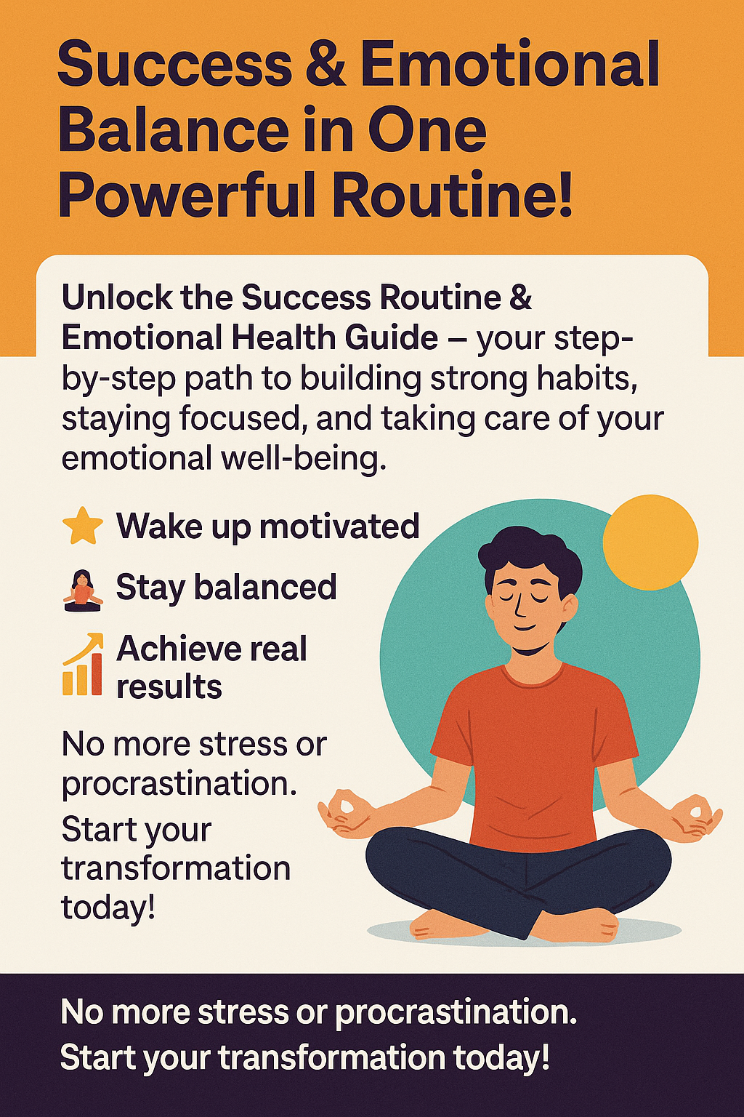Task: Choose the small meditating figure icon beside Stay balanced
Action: [x=82, y=588]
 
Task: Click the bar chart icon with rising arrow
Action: [x=82, y=665]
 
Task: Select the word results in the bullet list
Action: [x=169, y=687]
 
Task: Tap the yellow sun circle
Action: [x=650, y=542]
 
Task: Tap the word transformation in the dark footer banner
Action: [x=331, y=1057]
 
